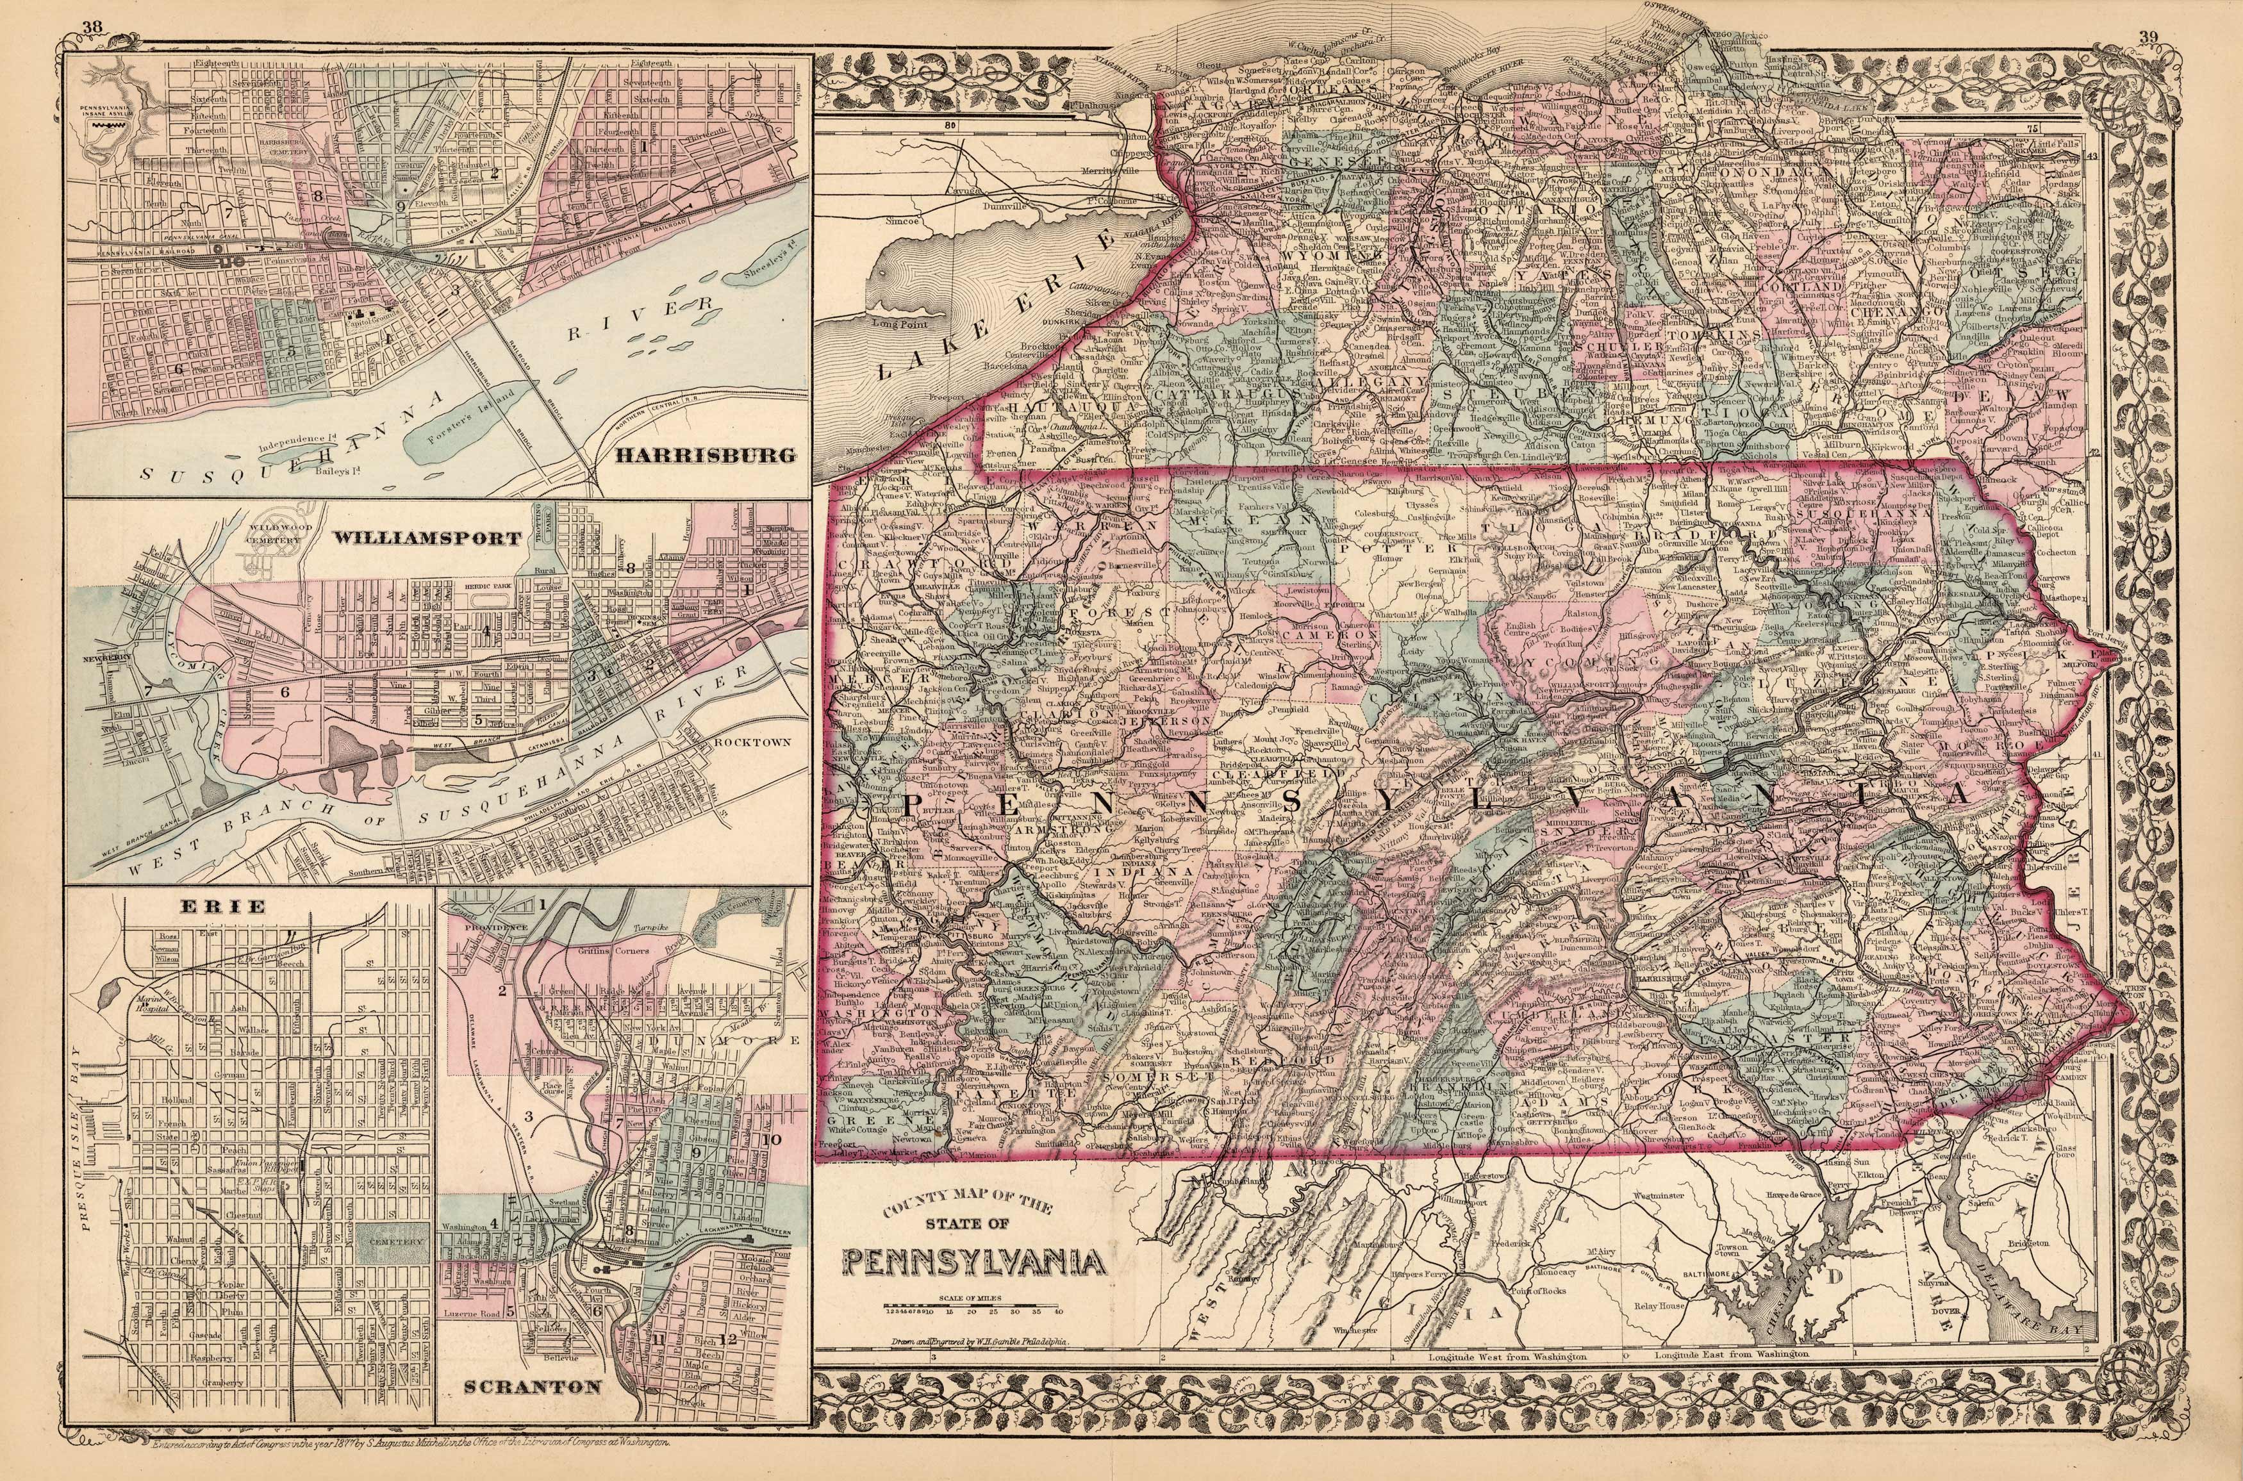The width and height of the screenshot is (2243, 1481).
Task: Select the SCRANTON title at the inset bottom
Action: (x=533, y=1413)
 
